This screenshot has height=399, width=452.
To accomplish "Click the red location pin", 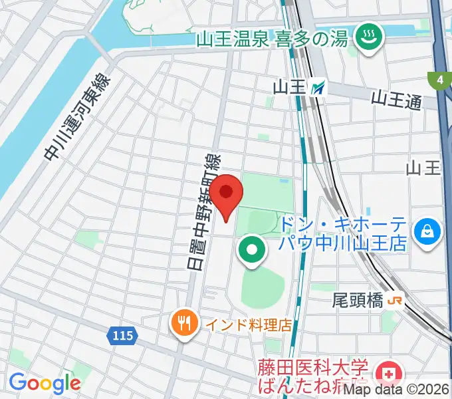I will coord(226,195).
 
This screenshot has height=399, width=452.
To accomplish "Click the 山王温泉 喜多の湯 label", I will coord(273,39).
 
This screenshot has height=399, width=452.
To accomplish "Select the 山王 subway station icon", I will coord(320,86).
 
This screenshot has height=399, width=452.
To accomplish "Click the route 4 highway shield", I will coord(439,80).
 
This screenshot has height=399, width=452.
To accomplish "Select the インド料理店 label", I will coord(248,325).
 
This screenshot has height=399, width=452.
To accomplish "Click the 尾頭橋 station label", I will coord(358,301).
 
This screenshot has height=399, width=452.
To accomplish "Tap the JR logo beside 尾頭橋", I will coord(395,301).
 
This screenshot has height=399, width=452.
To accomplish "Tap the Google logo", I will coord(45,383).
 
